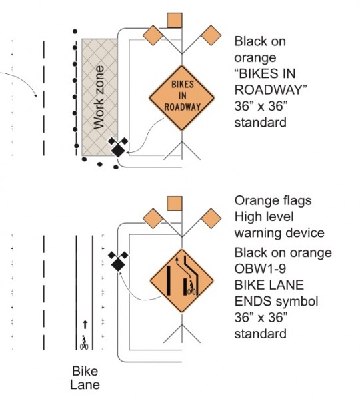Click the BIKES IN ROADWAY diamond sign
point(181,98)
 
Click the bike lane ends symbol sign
point(181,281)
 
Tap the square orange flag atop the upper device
point(175,21)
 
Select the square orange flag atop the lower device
point(175,204)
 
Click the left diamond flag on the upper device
point(153,35)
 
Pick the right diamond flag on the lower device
point(211,218)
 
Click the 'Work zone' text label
point(99,97)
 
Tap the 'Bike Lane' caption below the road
point(85,378)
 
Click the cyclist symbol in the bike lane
point(84,342)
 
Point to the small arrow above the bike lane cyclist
point(85,324)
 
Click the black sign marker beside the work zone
point(118,147)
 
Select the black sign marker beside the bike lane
point(118,261)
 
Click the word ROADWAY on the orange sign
point(182,107)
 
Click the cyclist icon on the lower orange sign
point(191,288)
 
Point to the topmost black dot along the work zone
point(75,31)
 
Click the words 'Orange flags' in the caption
point(273,201)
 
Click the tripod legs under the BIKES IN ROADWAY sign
point(182,151)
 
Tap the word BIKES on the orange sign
point(183,85)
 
